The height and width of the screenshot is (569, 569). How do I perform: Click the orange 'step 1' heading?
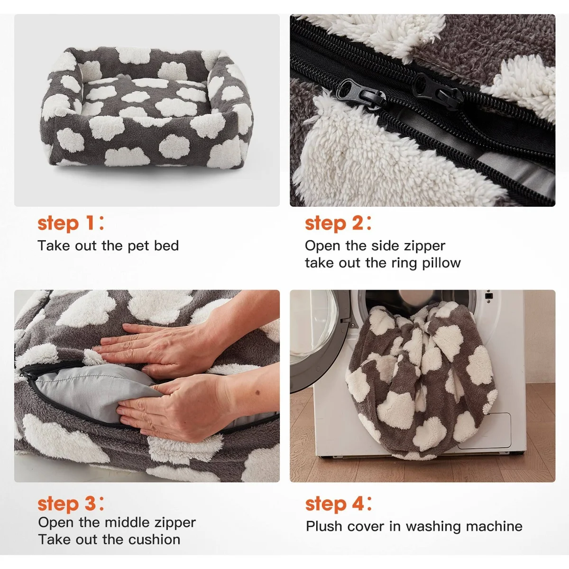pyautogui.click(x=71, y=223)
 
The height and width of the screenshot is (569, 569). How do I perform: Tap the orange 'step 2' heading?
pyautogui.click(x=338, y=223)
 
